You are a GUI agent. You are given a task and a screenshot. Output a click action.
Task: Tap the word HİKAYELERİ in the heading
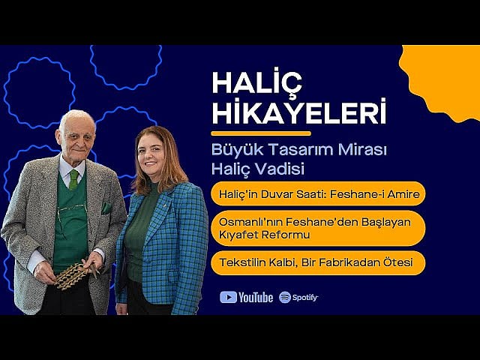pyautogui.click(x=299, y=112)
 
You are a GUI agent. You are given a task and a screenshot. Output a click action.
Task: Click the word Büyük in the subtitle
pyautogui.click(x=232, y=148)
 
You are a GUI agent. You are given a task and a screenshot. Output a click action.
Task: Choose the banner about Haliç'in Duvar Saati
pyautogui.click(x=318, y=193)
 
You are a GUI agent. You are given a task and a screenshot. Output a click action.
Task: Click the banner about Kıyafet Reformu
pyautogui.click(x=318, y=228)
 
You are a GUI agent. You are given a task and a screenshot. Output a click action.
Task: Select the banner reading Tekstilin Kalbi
pyautogui.click(x=318, y=263)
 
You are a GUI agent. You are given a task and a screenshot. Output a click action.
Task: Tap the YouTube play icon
pyautogui.click(x=228, y=297)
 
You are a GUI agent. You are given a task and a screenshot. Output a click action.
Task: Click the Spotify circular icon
pyautogui.click(x=285, y=297)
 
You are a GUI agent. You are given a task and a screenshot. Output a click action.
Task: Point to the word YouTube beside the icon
pyautogui.click(x=256, y=297)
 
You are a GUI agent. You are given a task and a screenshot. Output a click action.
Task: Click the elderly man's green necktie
pyautogui.click(x=73, y=178)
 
